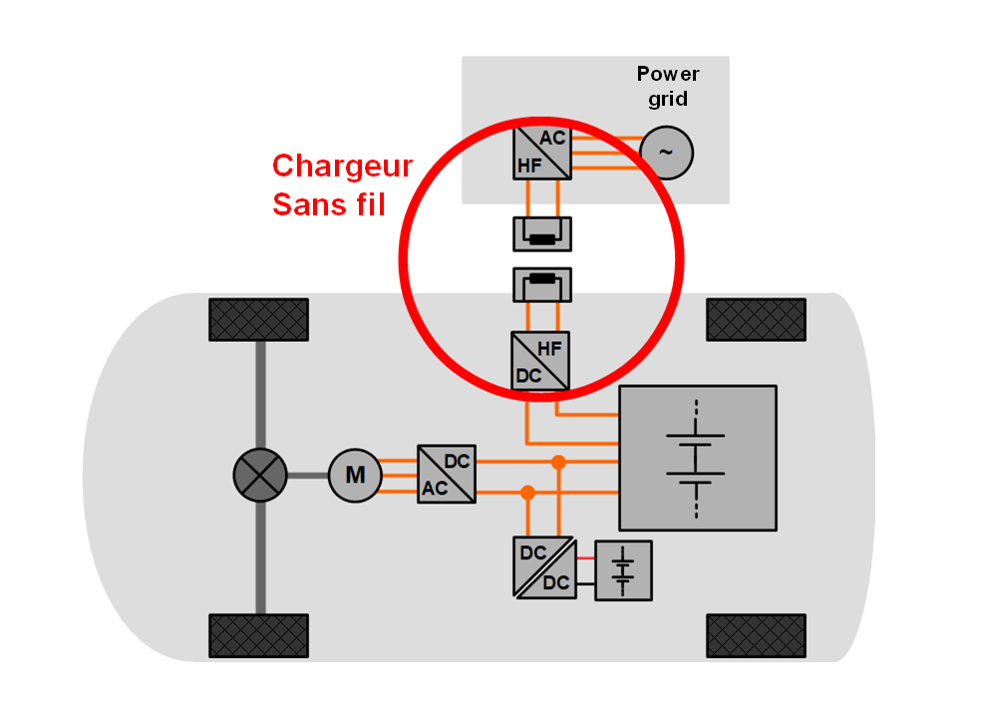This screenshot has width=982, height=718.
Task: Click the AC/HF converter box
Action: pos(541,153)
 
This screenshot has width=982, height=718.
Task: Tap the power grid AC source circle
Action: pos(665,153)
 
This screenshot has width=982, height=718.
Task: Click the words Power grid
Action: pos(668,87)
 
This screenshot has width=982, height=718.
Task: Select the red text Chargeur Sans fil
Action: pos(342,185)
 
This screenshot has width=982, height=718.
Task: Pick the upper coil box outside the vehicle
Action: pos(541,234)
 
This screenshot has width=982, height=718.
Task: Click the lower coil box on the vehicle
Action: pos(541,284)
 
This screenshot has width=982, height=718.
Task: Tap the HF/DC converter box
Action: pos(541,360)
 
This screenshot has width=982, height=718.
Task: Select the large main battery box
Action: pos(697,458)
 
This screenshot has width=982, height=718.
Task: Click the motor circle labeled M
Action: pos(355,475)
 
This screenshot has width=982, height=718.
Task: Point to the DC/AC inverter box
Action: pos(446,475)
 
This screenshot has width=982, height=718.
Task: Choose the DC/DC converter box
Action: pos(543,567)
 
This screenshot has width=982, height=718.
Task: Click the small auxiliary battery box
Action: pos(623,570)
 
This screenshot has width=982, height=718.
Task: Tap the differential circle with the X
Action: pos(260,475)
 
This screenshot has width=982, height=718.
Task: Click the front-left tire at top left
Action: pos(258,319)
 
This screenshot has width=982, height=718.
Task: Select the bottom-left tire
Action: pos(258,635)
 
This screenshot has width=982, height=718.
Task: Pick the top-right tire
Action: pos(756,319)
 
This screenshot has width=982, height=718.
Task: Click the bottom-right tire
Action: pos(756,635)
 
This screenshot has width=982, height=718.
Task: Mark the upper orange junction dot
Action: pos(558,462)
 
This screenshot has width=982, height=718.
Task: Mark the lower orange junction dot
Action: pos(527,492)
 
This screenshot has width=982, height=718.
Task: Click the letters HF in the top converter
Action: pos(529,167)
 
